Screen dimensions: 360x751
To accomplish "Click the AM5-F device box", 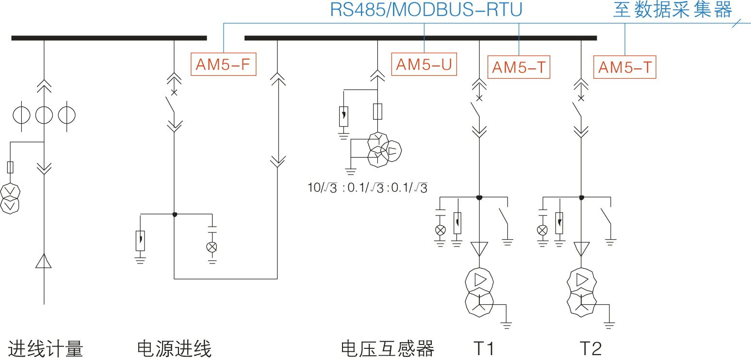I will click(225, 65).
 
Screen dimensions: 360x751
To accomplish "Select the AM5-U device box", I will click(424, 65).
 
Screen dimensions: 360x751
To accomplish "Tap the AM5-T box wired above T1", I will click(519, 67).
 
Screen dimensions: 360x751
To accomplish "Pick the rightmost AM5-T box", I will click(625, 67).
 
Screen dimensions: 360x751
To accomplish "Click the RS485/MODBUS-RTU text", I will click(426, 10).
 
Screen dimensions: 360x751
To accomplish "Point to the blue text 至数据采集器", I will click(672, 10).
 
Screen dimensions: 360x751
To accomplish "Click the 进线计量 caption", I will click(46, 349).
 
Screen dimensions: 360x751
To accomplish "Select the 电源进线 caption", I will click(175, 349).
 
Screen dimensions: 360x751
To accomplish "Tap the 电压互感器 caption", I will click(388, 349).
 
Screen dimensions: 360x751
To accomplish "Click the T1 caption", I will click(484, 349).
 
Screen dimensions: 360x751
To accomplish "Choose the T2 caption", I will click(590, 349).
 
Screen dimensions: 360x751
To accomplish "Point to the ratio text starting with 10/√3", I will click(367, 188).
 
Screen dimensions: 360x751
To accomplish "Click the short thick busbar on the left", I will click(109, 38).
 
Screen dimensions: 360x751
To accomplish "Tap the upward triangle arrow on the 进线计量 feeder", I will click(44, 262).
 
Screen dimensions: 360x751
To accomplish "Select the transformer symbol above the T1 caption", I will click(479, 291).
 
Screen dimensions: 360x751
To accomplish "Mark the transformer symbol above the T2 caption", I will click(581, 291).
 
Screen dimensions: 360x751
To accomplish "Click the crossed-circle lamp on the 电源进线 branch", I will click(212, 247).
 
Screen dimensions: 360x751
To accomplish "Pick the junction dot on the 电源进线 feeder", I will click(175, 214).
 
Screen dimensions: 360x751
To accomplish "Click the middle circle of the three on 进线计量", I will click(44, 115).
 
